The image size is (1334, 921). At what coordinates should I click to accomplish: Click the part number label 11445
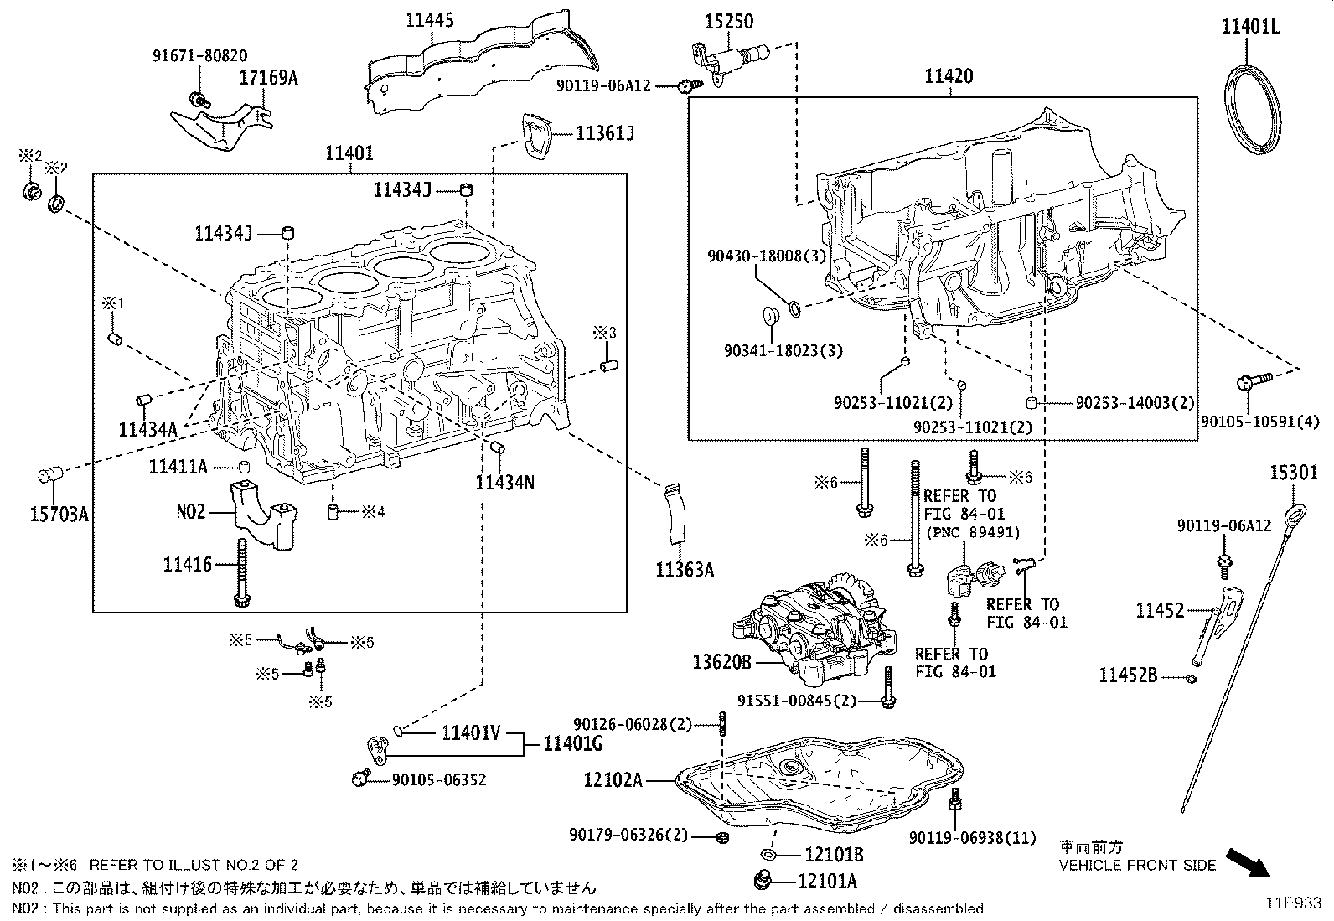click(430, 19)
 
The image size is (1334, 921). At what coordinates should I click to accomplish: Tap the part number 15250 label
click(728, 21)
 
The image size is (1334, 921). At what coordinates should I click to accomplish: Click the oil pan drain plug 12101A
click(763, 880)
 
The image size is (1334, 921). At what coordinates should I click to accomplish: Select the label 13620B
click(721, 663)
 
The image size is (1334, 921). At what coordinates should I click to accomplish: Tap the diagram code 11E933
click(1293, 904)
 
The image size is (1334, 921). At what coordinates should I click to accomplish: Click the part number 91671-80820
click(199, 56)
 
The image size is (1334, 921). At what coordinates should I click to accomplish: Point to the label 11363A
click(685, 571)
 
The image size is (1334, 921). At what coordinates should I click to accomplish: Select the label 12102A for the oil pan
click(613, 780)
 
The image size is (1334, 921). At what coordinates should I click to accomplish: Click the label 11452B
click(1128, 675)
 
